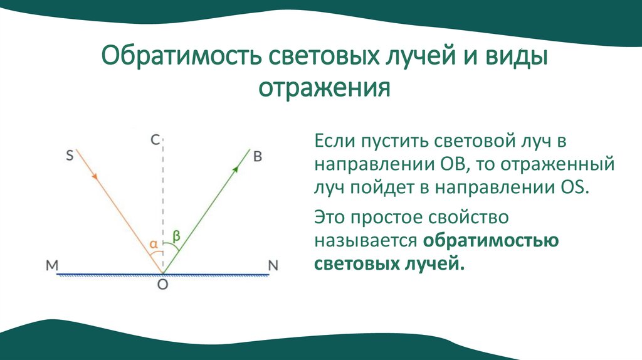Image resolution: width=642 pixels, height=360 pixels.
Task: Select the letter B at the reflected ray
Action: tap(257, 156)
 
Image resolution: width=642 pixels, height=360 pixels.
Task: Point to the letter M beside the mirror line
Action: tap(52, 265)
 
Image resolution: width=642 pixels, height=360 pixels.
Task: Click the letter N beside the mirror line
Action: tap(273, 265)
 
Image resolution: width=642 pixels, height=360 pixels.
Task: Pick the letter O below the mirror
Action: tap(162, 285)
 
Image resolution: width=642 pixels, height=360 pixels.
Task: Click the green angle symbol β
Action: tap(177, 236)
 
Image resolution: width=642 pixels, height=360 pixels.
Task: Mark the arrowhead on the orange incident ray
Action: tap(95, 177)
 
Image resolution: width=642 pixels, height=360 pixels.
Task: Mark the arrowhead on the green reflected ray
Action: tap(236, 167)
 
